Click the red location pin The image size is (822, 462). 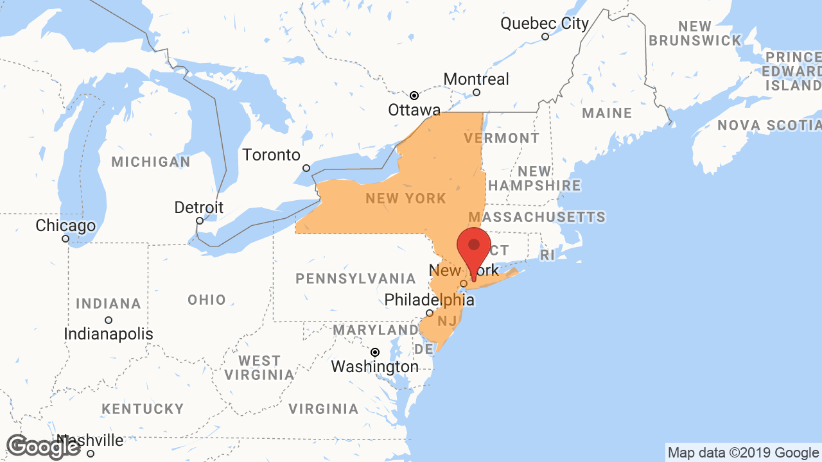click(474, 247)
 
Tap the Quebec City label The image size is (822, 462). click(545, 24)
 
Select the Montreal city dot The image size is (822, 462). click(477, 92)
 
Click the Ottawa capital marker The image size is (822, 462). click(414, 96)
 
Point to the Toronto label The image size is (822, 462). click(271, 155)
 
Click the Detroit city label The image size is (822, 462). click(199, 208)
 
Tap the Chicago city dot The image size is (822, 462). click(66, 239)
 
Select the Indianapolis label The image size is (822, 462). click(109, 334)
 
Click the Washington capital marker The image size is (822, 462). click(375, 352)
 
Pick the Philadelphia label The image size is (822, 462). click(429, 300)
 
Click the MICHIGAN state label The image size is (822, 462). click(151, 162)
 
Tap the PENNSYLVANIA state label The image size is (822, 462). click(356, 278)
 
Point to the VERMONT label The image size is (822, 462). click(502, 138)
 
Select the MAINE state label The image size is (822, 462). click(607, 114)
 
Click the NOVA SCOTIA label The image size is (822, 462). click(769, 125)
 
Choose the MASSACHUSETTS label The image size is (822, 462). click(537, 217)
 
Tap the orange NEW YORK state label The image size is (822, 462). click(406, 198)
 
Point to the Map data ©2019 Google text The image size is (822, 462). click(743, 453)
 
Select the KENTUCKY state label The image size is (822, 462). click(143, 409)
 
